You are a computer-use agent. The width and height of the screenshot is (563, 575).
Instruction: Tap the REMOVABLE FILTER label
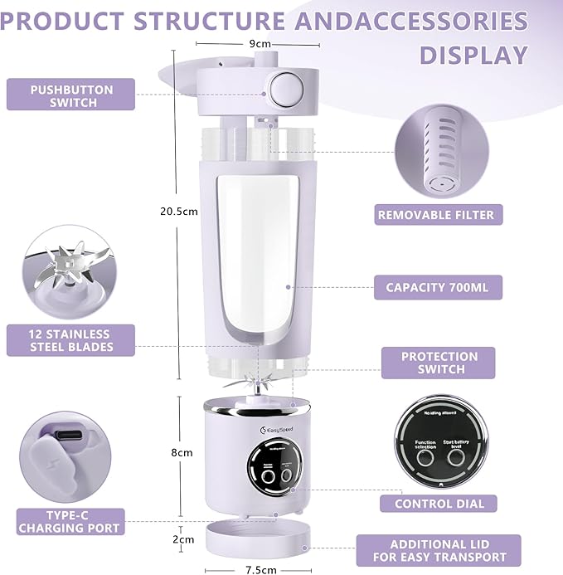coord(436,215)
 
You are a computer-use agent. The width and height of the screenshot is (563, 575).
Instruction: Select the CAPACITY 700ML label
coord(438,288)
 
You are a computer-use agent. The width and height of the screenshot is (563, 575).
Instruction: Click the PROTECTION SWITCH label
coord(439,363)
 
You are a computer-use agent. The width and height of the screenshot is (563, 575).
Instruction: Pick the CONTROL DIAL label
coord(438,503)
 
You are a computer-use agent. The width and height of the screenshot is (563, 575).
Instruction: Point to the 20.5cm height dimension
coord(178,212)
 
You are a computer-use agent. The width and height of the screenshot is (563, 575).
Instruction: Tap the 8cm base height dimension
coord(182,453)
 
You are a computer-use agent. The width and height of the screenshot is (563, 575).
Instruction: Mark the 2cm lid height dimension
coord(182,538)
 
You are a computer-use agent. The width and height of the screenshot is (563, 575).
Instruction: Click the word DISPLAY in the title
coord(473,55)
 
